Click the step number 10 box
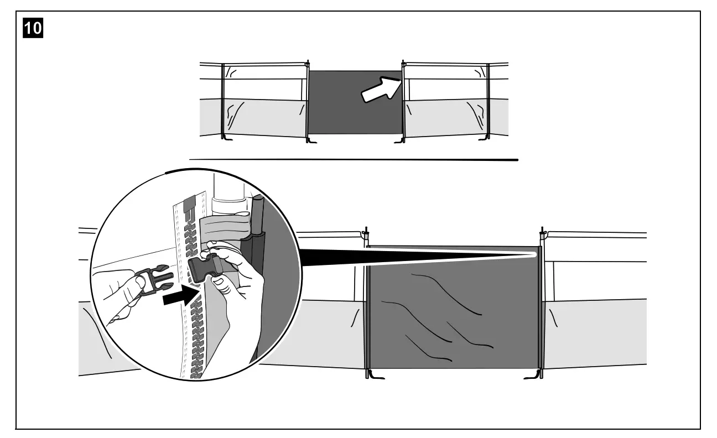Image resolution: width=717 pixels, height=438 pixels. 33,28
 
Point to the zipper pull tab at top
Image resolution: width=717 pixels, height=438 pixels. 189,204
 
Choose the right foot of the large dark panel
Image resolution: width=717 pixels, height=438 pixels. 531,376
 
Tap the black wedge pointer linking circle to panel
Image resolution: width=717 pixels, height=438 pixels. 415,255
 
